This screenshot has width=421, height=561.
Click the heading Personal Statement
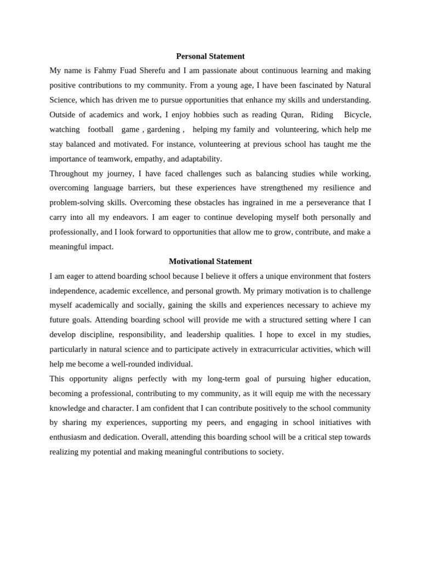tap(210, 56)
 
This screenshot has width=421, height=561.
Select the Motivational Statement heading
tap(210, 261)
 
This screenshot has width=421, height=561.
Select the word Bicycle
tap(357, 115)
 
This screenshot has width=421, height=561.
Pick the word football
tap(100, 129)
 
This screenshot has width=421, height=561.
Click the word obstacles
tap(214, 203)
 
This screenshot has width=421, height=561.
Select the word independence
tap(73, 291)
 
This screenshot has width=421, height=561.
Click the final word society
tap(268, 452)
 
